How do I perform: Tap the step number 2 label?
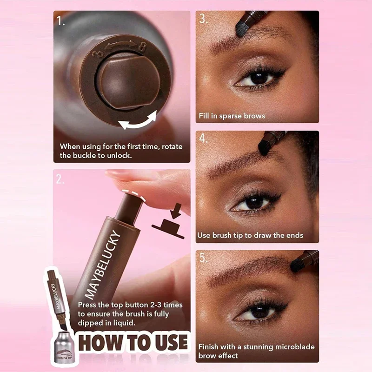60,179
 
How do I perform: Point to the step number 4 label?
204,139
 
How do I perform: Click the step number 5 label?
204,258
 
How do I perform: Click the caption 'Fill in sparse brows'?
232,115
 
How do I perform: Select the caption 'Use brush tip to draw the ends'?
250,235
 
